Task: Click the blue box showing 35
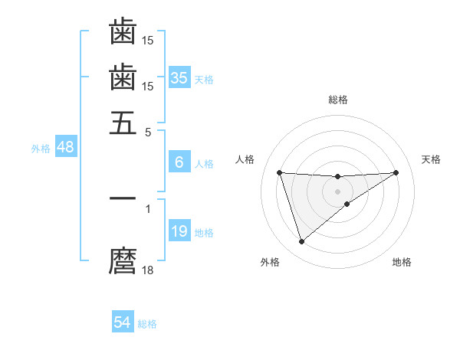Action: (179, 77)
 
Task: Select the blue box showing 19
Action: (179, 231)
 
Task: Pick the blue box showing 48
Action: (65, 147)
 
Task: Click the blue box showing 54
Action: (123, 322)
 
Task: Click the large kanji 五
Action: (123, 123)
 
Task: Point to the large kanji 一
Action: (123, 198)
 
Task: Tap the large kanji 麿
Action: (123, 261)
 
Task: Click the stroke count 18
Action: (148, 270)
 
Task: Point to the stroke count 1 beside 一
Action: (148, 207)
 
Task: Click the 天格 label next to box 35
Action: (203, 79)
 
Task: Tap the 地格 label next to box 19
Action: (203, 233)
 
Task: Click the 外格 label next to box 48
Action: (41, 149)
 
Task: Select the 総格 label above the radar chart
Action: (338, 100)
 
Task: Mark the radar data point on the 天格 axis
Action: (396, 172)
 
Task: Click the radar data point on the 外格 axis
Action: (301, 242)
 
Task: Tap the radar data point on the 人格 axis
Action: (279, 172)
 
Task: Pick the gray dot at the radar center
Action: (338, 191)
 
